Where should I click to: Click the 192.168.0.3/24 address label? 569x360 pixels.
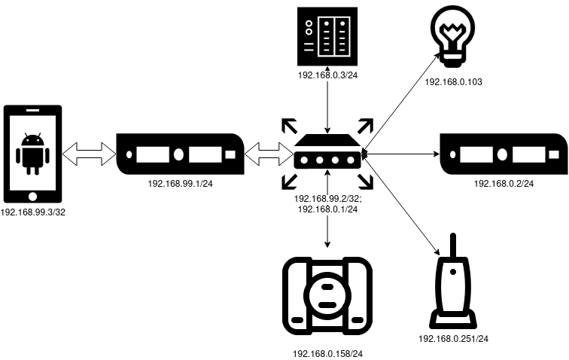[327, 75]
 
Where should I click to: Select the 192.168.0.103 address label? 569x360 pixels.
[453, 82]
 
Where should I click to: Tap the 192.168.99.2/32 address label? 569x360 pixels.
[328, 200]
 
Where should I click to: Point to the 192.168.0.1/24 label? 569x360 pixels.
[327, 210]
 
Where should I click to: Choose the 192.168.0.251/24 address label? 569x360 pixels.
[453, 340]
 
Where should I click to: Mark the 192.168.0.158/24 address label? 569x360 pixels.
[327, 354]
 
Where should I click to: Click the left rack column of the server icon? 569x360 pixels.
[326, 36]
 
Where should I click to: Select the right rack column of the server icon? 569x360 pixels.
[342, 36]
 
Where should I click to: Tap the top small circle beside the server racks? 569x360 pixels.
[309, 23]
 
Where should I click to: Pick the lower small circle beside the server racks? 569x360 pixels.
[309, 32]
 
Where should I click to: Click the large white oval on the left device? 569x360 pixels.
[178, 154]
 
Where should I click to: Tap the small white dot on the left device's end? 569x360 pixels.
[129, 154]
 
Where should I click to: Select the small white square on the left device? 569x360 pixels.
[230, 154]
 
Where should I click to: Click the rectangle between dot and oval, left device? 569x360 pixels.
[153, 154]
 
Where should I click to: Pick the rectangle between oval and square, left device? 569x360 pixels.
[205, 154]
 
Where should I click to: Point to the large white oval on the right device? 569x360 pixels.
[502, 154]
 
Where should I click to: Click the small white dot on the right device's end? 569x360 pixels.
[453, 154]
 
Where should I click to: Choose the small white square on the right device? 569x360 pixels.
[554, 154]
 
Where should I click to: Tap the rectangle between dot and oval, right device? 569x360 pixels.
[476, 154]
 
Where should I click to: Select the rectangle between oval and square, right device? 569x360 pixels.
[529, 154]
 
